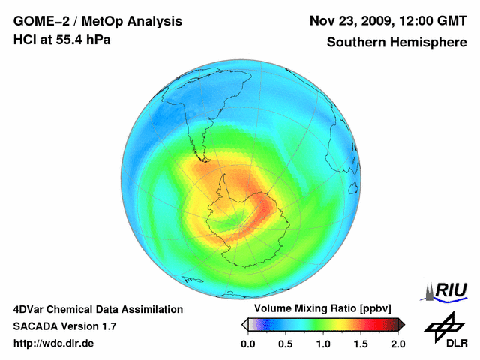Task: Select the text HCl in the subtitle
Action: point(24,40)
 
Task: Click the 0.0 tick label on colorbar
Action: point(248,343)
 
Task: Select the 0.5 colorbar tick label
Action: point(286,343)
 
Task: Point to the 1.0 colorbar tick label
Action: point(323,343)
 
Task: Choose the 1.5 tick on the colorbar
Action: point(361,343)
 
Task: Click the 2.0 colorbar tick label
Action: point(397,343)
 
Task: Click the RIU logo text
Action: point(451,289)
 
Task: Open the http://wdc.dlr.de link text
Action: point(54,343)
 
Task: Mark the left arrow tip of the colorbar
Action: point(244,324)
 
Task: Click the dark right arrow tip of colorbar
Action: point(402,324)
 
